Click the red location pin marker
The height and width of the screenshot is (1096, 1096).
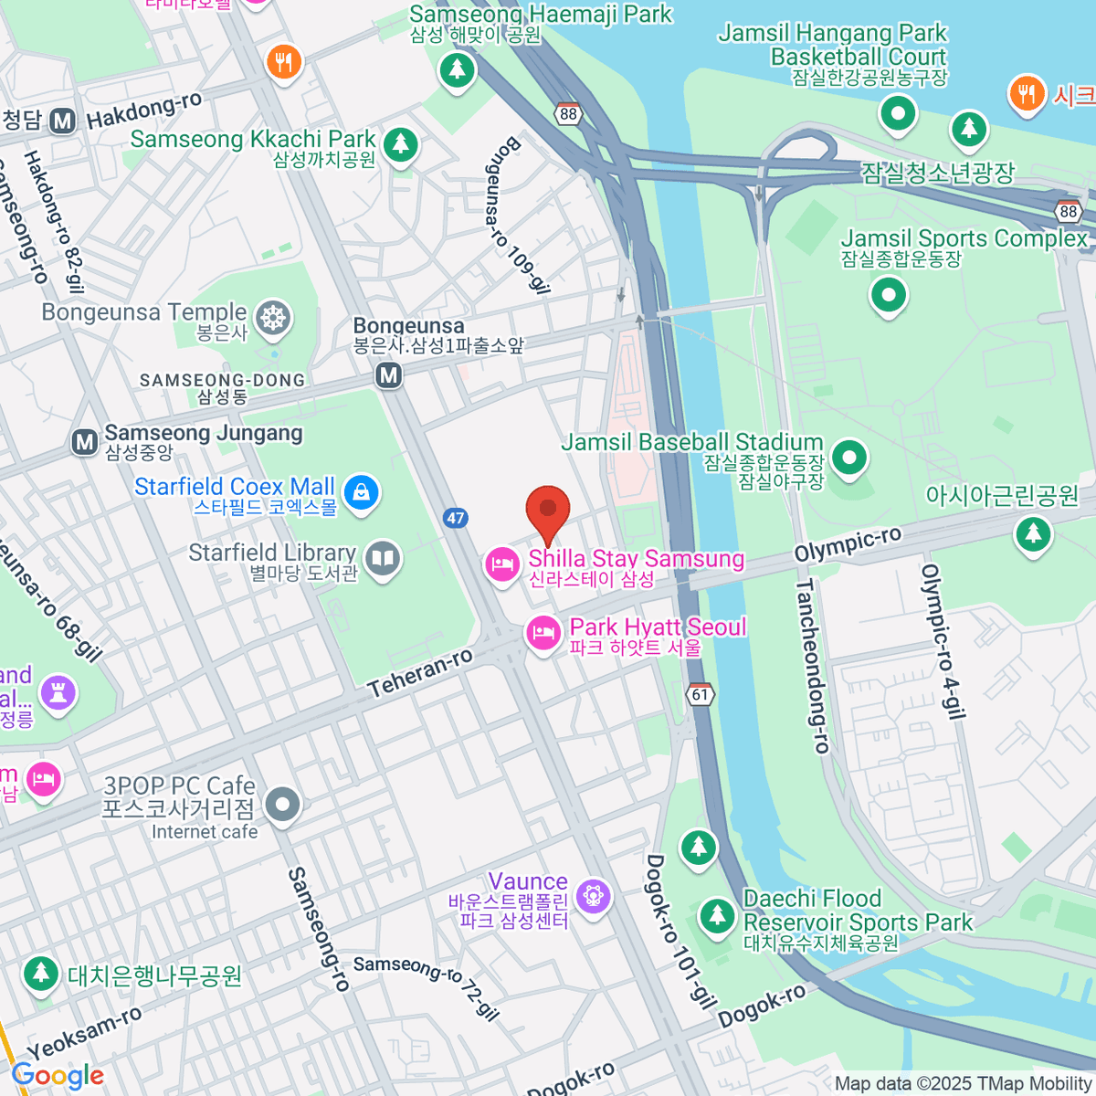coord(548,509)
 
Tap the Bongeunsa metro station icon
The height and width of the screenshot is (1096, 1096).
coord(389,374)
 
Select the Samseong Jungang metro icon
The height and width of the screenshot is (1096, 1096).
coord(85,443)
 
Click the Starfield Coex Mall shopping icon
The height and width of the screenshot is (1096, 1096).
coord(362,493)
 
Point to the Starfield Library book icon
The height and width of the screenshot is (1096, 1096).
coord(383,558)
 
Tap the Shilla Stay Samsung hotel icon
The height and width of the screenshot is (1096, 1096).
coord(501,564)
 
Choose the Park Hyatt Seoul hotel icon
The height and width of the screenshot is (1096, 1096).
coord(543,632)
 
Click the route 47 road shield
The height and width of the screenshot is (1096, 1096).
coord(456,518)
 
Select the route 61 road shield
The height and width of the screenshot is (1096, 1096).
coord(700,694)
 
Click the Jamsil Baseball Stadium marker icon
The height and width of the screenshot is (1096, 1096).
coord(849,457)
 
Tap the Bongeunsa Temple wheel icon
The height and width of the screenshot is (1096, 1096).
coord(272,319)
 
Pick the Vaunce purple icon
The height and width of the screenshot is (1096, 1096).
coord(594,895)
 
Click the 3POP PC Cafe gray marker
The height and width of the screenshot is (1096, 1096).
coord(282,805)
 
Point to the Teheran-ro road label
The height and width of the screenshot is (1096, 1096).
coord(420,673)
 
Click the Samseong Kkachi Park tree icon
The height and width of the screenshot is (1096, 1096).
coord(399,143)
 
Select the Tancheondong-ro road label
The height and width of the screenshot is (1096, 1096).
coord(812,667)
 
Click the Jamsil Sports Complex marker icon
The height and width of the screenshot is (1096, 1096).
coord(888,295)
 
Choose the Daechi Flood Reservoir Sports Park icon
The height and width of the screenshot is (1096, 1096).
coord(717,915)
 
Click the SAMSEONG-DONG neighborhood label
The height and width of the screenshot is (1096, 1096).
coord(222,380)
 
